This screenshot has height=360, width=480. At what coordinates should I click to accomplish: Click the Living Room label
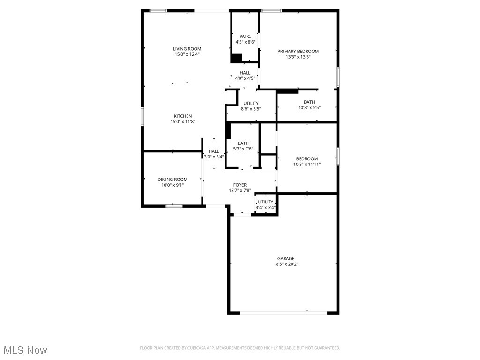pyautogui.click(x=187, y=49)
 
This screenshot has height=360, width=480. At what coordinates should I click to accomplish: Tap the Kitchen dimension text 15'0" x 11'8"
pyautogui.click(x=182, y=122)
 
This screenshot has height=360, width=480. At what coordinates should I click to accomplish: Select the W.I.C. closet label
pyautogui.click(x=246, y=37)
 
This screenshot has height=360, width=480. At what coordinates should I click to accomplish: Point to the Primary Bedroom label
pyautogui.click(x=298, y=52)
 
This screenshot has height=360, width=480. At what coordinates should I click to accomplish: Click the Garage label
pyautogui.click(x=285, y=258)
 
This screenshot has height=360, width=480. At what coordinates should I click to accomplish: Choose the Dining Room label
pyautogui.click(x=172, y=180)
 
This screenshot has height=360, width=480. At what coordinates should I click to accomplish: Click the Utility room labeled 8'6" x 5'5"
pyautogui.click(x=251, y=106)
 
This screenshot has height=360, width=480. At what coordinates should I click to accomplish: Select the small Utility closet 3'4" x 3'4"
pyautogui.click(x=265, y=204)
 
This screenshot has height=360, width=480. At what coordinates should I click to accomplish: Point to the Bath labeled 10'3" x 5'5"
pyautogui.click(x=309, y=105)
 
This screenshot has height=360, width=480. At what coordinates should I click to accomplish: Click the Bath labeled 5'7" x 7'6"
pyautogui.click(x=243, y=146)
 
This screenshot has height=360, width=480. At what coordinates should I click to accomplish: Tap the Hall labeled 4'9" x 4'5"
pyautogui.click(x=245, y=75)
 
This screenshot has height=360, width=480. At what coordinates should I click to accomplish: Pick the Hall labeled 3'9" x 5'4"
pyautogui.click(x=214, y=154)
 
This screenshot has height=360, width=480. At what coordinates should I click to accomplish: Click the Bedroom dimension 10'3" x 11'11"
pyautogui.click(x=307, y=165)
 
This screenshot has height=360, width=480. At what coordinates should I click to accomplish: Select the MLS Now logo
pyautogui.click(x=25, y=350)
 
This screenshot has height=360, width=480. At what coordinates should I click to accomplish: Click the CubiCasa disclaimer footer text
pyautogui.click(x=240, y=348)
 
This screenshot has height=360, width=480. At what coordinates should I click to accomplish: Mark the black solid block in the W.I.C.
pyautogui.click(x=236, y=58)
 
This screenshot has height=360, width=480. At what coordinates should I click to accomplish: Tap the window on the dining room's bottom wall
pyautogui.click(x=173, y=205)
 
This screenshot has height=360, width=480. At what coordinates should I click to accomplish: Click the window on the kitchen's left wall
pyautogui.click(x=142, y=116)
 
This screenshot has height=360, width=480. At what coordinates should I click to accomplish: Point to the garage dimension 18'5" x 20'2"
pyautogui.click(x=285, y=264)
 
